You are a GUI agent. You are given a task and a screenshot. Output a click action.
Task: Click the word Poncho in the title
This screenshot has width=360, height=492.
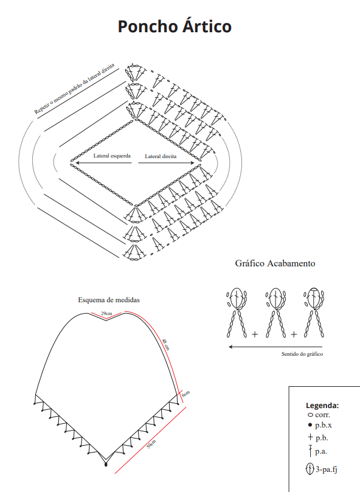coord(148,27)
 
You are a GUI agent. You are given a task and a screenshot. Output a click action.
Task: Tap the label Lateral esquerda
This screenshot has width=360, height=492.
coord(112,156)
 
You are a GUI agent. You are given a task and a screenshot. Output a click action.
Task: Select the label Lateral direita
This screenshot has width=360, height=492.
coord(161,156)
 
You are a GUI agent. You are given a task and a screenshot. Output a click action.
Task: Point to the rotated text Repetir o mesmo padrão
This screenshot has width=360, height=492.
coord(74,89)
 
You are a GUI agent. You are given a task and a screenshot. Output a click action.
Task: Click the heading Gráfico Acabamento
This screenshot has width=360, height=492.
coord(275,263)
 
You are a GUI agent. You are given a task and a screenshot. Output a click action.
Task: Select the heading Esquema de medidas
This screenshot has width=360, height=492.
coord(109,300)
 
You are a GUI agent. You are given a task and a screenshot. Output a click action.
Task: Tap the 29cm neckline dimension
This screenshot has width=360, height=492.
coord(106,313)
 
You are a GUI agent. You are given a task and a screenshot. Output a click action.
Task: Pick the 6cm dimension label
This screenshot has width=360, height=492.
coord(186,394)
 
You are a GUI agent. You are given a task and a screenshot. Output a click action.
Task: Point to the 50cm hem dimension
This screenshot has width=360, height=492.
coord(151,444)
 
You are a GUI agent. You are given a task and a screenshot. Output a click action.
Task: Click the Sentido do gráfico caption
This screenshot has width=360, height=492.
coord(302,354)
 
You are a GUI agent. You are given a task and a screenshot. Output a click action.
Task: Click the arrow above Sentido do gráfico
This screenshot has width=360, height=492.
coord(275,347)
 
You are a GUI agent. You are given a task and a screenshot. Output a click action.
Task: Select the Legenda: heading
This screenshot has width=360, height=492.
coord(322,406)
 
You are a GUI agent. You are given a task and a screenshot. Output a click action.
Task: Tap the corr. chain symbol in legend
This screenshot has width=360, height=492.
coord(310,415)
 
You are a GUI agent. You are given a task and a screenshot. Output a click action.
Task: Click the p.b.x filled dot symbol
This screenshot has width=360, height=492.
coord(310,425)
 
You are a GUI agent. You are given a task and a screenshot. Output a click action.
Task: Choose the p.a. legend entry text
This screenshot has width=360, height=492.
coord(321,451)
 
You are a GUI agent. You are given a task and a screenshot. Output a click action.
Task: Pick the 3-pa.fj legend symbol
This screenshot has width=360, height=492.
coord(310,469)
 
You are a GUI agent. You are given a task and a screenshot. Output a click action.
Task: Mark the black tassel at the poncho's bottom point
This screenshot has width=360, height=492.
coord(106,463)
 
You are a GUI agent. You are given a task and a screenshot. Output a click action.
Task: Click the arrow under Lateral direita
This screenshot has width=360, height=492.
coord(167,163)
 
